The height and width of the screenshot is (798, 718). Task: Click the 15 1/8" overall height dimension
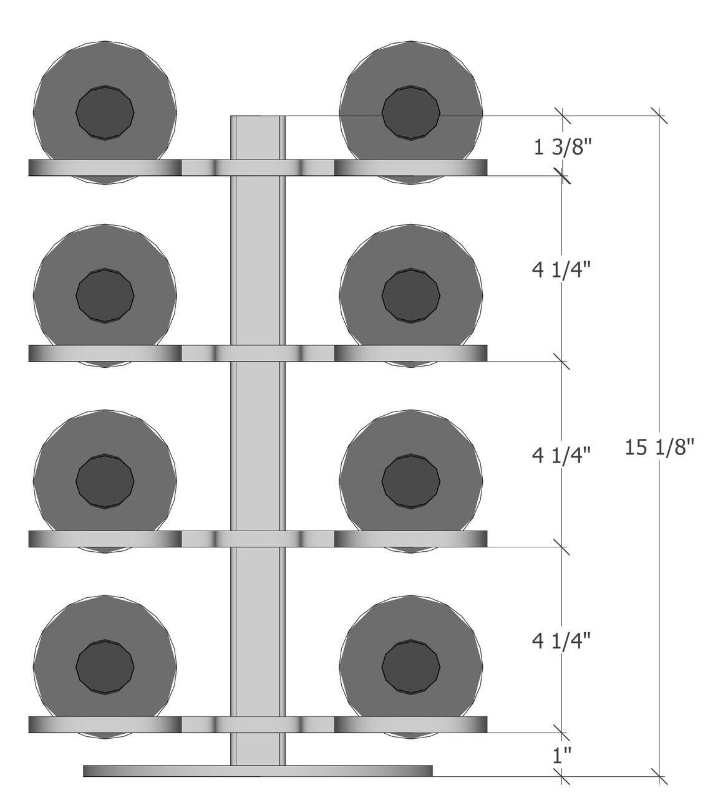point(659,447)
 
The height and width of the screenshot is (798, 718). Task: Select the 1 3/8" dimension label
point(561,150)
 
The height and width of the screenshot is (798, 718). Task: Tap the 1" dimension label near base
point(561,756)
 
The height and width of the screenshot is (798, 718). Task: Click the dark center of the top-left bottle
point(105,113)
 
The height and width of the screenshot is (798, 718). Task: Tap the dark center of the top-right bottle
point(411,113)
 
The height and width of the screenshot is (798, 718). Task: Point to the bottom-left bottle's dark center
point(105,667)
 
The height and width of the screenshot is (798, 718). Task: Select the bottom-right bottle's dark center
point(411,667)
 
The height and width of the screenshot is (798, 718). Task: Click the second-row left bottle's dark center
point(105,296)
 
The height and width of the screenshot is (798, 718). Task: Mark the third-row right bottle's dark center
point(411,481)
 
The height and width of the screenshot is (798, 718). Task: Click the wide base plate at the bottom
point(258,771)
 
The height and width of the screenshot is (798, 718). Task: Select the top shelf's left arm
point(105,168)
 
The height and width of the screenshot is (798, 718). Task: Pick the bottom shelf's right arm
point(410,724)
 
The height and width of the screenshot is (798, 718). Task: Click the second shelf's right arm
point(410,353)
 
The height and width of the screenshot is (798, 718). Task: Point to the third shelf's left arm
point(105,539)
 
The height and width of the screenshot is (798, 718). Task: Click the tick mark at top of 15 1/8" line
point(659,116)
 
